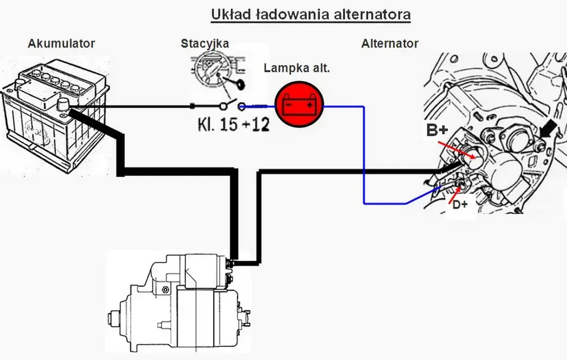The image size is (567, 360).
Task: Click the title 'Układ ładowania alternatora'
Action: (x=311, y=15)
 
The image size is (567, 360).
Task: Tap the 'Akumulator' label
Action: (x=61, y=44)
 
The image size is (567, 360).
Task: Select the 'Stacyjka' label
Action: (x=205, y=44)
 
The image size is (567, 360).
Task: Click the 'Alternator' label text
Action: (x=390, y=44)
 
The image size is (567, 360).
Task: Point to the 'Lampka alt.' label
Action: (x=297, y=68)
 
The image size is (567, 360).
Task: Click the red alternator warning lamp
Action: (x=299, y=104)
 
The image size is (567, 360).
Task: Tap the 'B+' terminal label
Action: (x=437, y=130)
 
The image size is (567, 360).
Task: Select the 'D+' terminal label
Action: (x=460, y=205)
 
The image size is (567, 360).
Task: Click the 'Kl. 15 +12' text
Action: (x=234, y=125)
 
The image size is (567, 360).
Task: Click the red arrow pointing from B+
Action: (x=456, y=150)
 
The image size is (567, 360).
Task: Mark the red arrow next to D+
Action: (x=455, y=194)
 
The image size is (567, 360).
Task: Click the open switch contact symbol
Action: (x=232, y=105)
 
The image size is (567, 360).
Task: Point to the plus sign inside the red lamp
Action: (x=310, y=105)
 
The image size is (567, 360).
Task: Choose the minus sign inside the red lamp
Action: (x=289, y=105)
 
